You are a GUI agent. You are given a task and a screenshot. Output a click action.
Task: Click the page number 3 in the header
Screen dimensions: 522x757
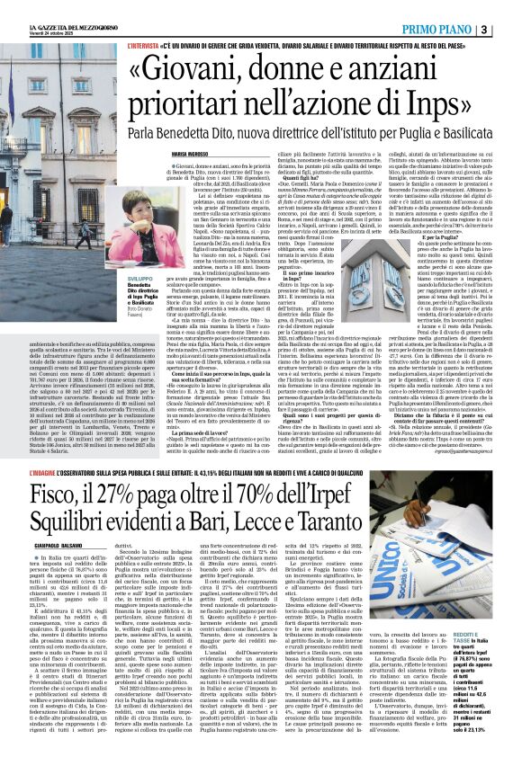pos(510,7)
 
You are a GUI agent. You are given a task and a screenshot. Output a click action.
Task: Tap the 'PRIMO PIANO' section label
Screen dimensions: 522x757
pos(456,7)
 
